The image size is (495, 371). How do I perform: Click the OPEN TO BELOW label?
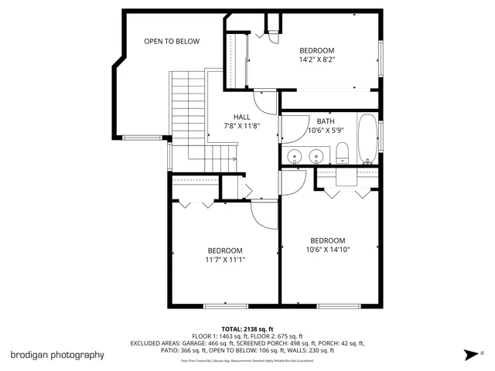coord(172,42)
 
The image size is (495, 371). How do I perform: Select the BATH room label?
coord(326,121)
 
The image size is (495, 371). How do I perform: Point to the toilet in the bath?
coord(344,153)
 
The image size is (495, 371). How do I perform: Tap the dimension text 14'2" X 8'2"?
coord(317,60)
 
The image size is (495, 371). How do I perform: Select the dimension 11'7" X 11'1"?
coord(225,260)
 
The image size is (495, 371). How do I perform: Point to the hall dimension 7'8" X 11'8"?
coord(241,126)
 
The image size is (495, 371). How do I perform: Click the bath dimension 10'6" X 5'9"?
coord(325,130)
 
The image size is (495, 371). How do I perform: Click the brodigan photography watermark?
coord(57,355)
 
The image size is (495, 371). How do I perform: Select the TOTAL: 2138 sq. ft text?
coord(247,328)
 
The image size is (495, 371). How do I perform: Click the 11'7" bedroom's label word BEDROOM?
coord(225,250)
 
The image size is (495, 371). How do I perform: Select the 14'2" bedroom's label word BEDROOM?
coord(317,50)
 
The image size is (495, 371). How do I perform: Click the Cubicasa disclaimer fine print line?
coord(247,360)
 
